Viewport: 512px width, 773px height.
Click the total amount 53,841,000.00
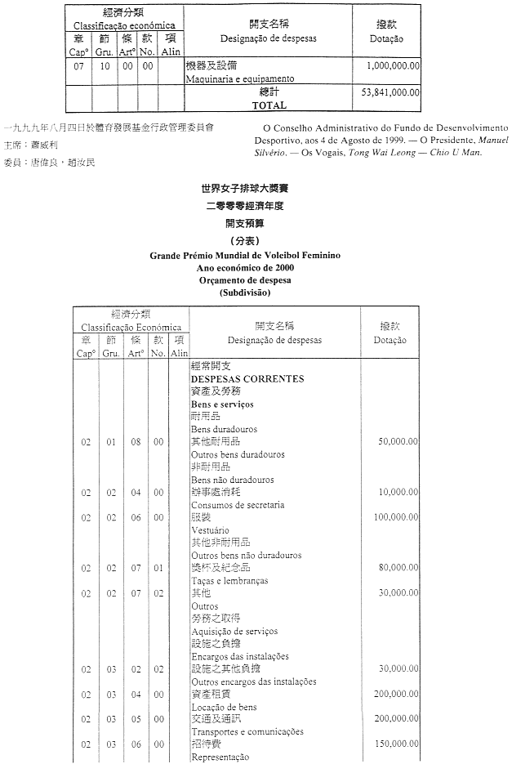click(390, 93)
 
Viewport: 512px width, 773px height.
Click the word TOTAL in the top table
click(269, 105)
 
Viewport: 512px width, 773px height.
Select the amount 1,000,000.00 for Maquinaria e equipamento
click(394, 65)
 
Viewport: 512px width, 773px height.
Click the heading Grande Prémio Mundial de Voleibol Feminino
click(245, 256)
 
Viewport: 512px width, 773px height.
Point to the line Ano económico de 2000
click(245, 267)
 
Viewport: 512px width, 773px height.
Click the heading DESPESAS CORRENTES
click(247, 379)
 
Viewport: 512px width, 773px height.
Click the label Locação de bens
click(224, 707)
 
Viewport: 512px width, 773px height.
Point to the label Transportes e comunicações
click(247, 732)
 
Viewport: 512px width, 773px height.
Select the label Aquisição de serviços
click(234, 631)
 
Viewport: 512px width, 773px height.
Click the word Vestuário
click(211, 530)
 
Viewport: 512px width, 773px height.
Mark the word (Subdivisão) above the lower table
click(245, 292)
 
